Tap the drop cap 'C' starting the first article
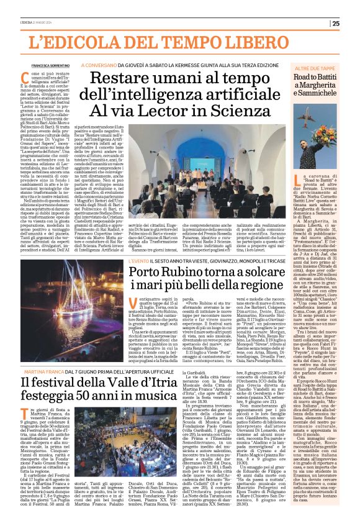click(x=36, y=77)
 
